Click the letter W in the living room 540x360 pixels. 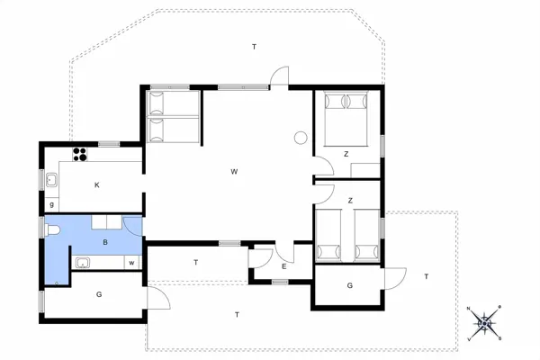point(233,171)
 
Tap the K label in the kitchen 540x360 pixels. point(97,184)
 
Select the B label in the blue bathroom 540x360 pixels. point(105,243)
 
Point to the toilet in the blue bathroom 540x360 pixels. point(53,232)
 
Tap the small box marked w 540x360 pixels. point(131,262)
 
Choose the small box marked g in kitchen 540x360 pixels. point(52,205)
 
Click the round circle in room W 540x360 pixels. point(300,138)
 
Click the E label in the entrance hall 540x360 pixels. point(283,266)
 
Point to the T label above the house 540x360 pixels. point(255,46)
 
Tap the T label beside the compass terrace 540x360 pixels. point(427,276)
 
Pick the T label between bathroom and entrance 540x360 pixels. point(195,262)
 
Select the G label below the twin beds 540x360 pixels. point(349,286)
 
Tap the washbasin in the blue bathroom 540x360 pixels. point(82,263)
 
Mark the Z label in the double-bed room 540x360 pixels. point(346,154)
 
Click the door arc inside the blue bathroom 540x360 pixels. point(131,226)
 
